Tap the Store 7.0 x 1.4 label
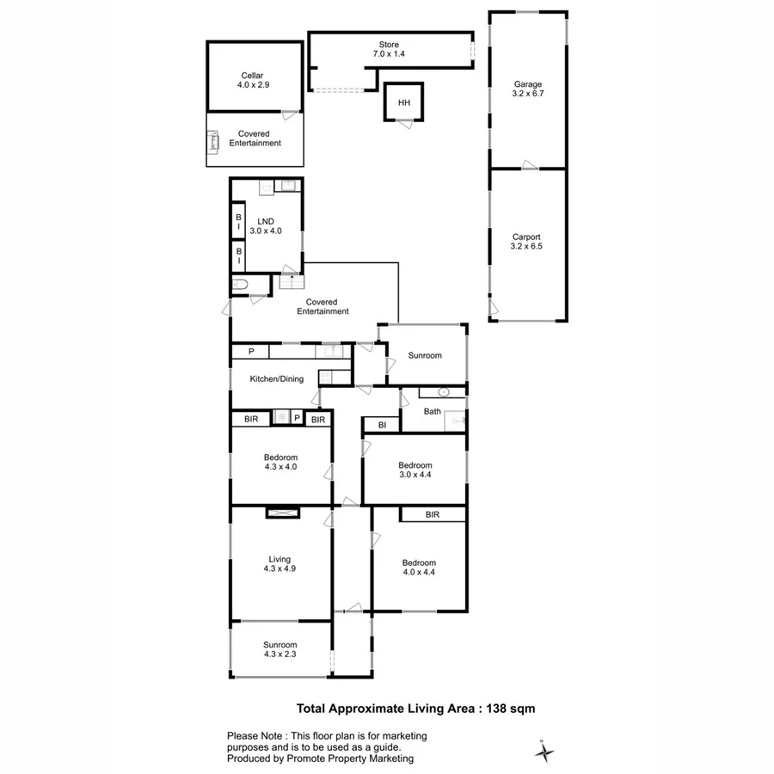pyautogui.click(x=389, y=49)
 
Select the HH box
pyautogui.click(x=403, y=103)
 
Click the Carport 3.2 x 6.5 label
pyautogui.click(x=527, y=242)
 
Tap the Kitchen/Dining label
pyautogui.click(x=276, y=378)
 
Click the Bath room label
pyautogui.click(x=432, y=411)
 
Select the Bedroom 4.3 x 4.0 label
pyautogui.click(x=280, y=462)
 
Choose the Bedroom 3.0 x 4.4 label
pyautogui.click(x=415, y=470)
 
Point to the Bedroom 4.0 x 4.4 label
pyautogui.click(x=420, y=568)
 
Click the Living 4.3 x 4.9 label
pyautogui.click(x=280, y=564)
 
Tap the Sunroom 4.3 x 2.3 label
pyautogui.click(x=280, y=650)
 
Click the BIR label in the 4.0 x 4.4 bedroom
pyautogui.click(x=433, y=514)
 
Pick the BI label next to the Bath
pyautogui.click(x=382, y=424)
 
